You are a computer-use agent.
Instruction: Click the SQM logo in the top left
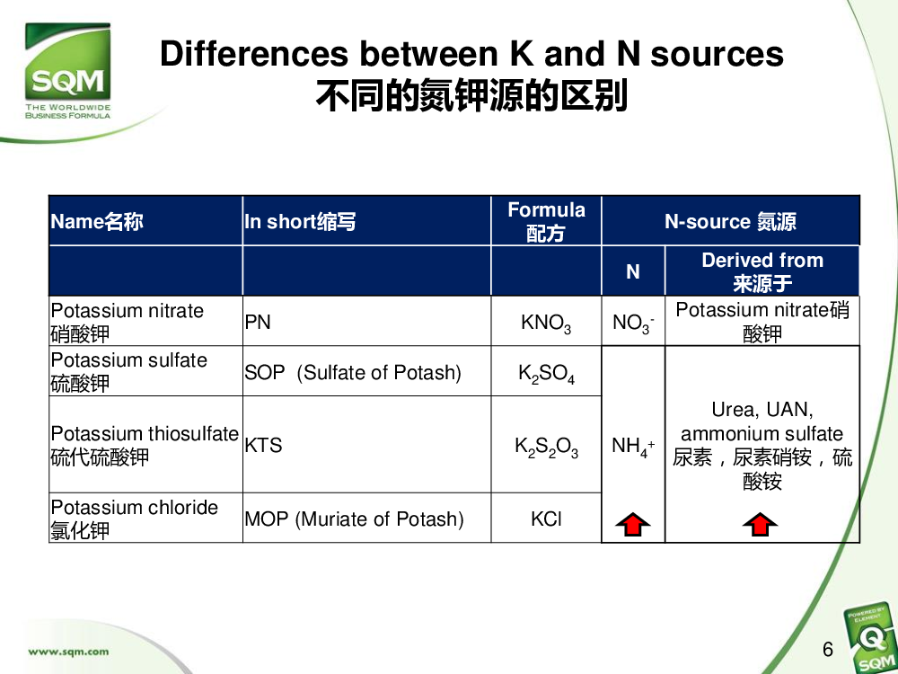[67, 71]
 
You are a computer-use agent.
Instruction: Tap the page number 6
[828, 650]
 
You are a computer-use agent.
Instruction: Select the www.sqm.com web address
[68, 651]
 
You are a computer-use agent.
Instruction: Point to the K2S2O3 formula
[546, 447]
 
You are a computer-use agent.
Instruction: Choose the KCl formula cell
[546, 519]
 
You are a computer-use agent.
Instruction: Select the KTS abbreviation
[263, 446]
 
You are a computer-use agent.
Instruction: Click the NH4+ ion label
[633, 446]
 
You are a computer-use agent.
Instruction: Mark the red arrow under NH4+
[633, 525]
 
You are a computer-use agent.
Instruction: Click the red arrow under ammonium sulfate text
[760, 525]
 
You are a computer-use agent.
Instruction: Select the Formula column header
[546, 221]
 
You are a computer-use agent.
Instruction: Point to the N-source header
[730, 221]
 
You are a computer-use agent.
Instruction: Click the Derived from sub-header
[762, 271]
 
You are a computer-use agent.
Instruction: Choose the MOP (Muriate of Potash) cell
[354, 519]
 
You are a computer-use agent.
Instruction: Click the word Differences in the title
[254, 54]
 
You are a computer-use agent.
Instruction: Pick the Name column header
[97, 221]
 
